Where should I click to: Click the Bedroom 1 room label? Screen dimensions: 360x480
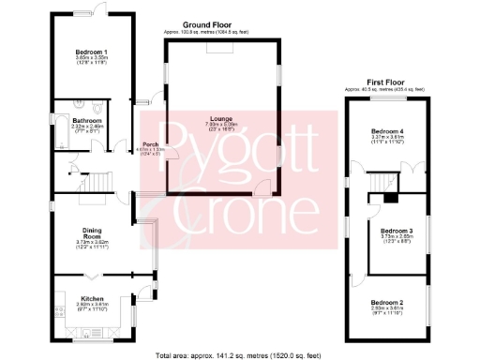[x=92, y=52]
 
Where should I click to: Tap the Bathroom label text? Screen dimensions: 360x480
[x=88, y=121]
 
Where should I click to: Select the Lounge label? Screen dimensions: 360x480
[x=222, y=118]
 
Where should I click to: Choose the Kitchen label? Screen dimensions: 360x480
[x=92, y=298]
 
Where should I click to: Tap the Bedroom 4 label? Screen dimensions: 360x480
[x=388, y=130]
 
